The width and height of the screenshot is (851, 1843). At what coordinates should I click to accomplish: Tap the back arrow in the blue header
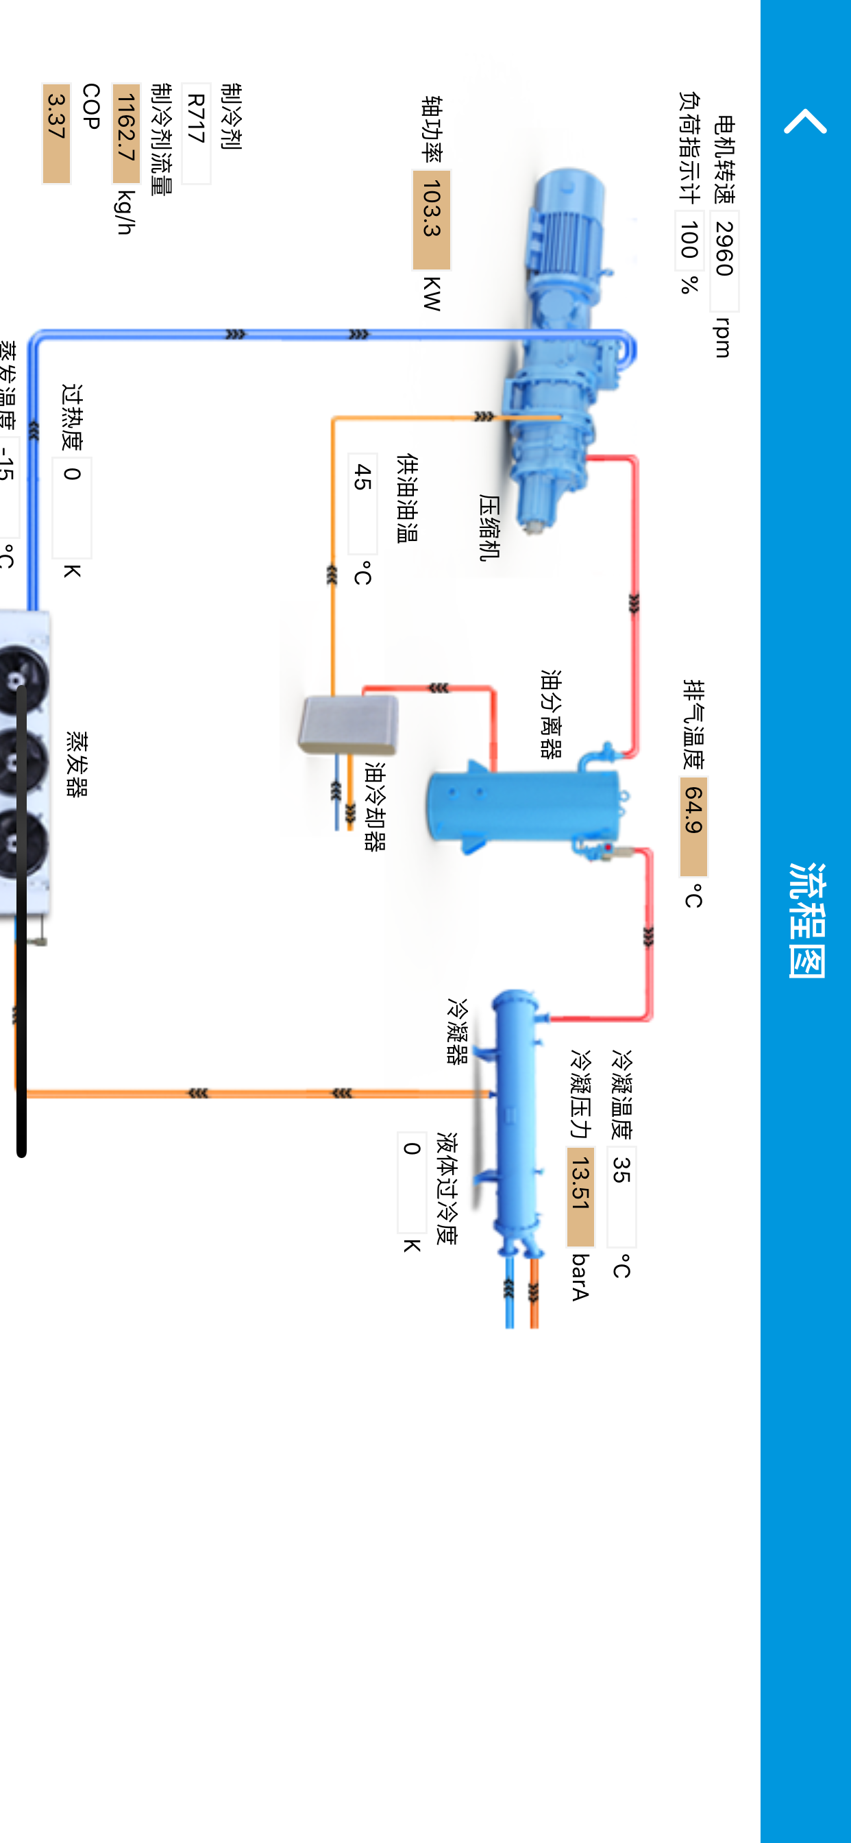pyautogui.click(x=805, y=121)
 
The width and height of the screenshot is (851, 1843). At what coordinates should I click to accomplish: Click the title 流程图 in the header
pyautogui.click(x=806, y=920)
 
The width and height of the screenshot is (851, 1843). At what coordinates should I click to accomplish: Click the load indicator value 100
pyautogui.click(x=689, y=241)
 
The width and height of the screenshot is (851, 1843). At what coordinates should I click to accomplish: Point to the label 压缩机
pyautogui.click(x=489, y=527)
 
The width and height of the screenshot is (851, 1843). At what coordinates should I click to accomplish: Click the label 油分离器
pyautogui.click(x=551, y=713)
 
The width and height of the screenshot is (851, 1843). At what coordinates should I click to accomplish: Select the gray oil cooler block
pyautogui.click(x=348, y=724)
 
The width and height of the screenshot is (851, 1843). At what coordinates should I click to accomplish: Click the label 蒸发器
pyautogui.click(x=77, y=763)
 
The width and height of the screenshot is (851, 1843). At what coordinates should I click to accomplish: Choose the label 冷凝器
pyautogui.click(x=457, y=1031)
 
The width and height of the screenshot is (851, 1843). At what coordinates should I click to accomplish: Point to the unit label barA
pyautogui.click(x=580, y=1277)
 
